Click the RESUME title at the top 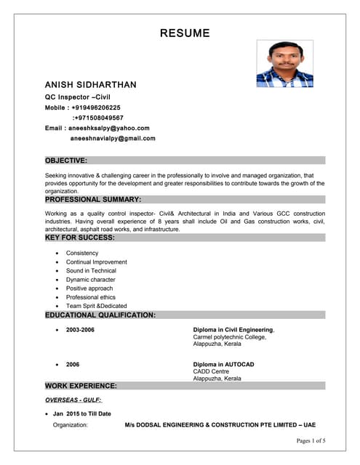(185, 33)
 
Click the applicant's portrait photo (284, 64)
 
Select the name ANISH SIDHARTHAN (90, 85)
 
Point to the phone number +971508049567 (98, 118)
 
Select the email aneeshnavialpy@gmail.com (113, 138)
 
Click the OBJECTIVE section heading (66, 160)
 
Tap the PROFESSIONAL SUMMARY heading (93, 199)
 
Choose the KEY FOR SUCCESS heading (81, 238)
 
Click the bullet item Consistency (82, 253)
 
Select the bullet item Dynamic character (90, 280)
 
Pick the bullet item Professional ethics (90, 297)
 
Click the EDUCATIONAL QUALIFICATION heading (100, 315)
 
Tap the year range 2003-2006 (80, 330)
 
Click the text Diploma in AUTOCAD (223, 364)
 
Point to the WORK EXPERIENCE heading (81, 386)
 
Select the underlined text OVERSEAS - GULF (73, 400)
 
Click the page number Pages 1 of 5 (311, 441)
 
